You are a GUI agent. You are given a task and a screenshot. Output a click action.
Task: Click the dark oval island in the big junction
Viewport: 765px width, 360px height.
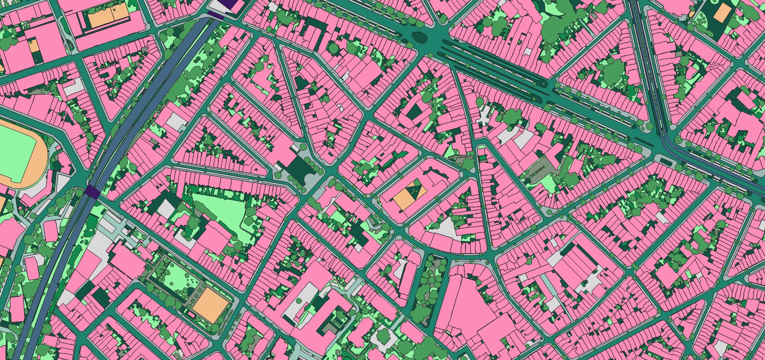pos(420,37)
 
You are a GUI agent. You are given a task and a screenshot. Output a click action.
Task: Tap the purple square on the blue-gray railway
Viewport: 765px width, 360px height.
pos(92,192)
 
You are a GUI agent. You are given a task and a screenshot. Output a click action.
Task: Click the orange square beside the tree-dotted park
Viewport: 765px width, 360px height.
pos(210,305)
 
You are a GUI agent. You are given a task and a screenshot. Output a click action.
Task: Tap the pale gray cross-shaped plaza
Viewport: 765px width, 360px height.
pos(485,116)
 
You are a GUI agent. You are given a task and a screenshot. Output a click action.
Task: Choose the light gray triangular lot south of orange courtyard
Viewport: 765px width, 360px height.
pos(444,228)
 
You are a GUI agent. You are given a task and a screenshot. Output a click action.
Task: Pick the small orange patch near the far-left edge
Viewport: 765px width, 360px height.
pos(33,46)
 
